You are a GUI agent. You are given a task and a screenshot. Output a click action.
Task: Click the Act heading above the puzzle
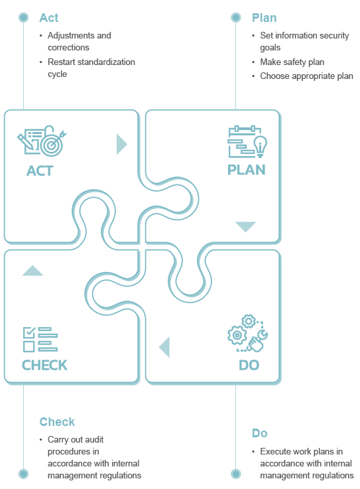49,18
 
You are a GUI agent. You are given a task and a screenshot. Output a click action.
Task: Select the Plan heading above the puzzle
264,18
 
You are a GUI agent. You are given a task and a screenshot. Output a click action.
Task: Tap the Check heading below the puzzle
57,421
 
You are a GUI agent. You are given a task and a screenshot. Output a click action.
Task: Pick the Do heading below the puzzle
260,433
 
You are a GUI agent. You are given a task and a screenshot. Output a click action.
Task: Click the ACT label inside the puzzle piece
40,171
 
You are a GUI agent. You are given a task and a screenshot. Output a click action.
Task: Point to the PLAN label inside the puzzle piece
246,170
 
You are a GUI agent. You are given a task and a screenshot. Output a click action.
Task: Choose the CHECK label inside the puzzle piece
44,365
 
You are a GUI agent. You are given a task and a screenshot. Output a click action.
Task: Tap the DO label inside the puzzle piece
249,365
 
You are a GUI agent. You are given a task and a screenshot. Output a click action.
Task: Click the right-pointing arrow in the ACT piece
121,144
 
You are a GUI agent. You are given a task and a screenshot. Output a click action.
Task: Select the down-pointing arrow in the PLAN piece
245,226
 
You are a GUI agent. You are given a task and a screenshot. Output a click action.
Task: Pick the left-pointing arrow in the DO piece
165,347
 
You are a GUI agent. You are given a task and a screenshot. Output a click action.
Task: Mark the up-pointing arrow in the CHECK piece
32,271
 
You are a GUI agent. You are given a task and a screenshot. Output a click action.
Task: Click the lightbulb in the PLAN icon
261,146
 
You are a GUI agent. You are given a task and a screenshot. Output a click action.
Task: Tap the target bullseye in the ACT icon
52,145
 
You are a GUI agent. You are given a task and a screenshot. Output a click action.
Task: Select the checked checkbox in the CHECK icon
29,332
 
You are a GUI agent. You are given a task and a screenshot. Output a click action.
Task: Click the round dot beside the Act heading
23,17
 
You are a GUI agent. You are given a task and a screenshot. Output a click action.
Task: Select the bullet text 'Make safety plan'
292,62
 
